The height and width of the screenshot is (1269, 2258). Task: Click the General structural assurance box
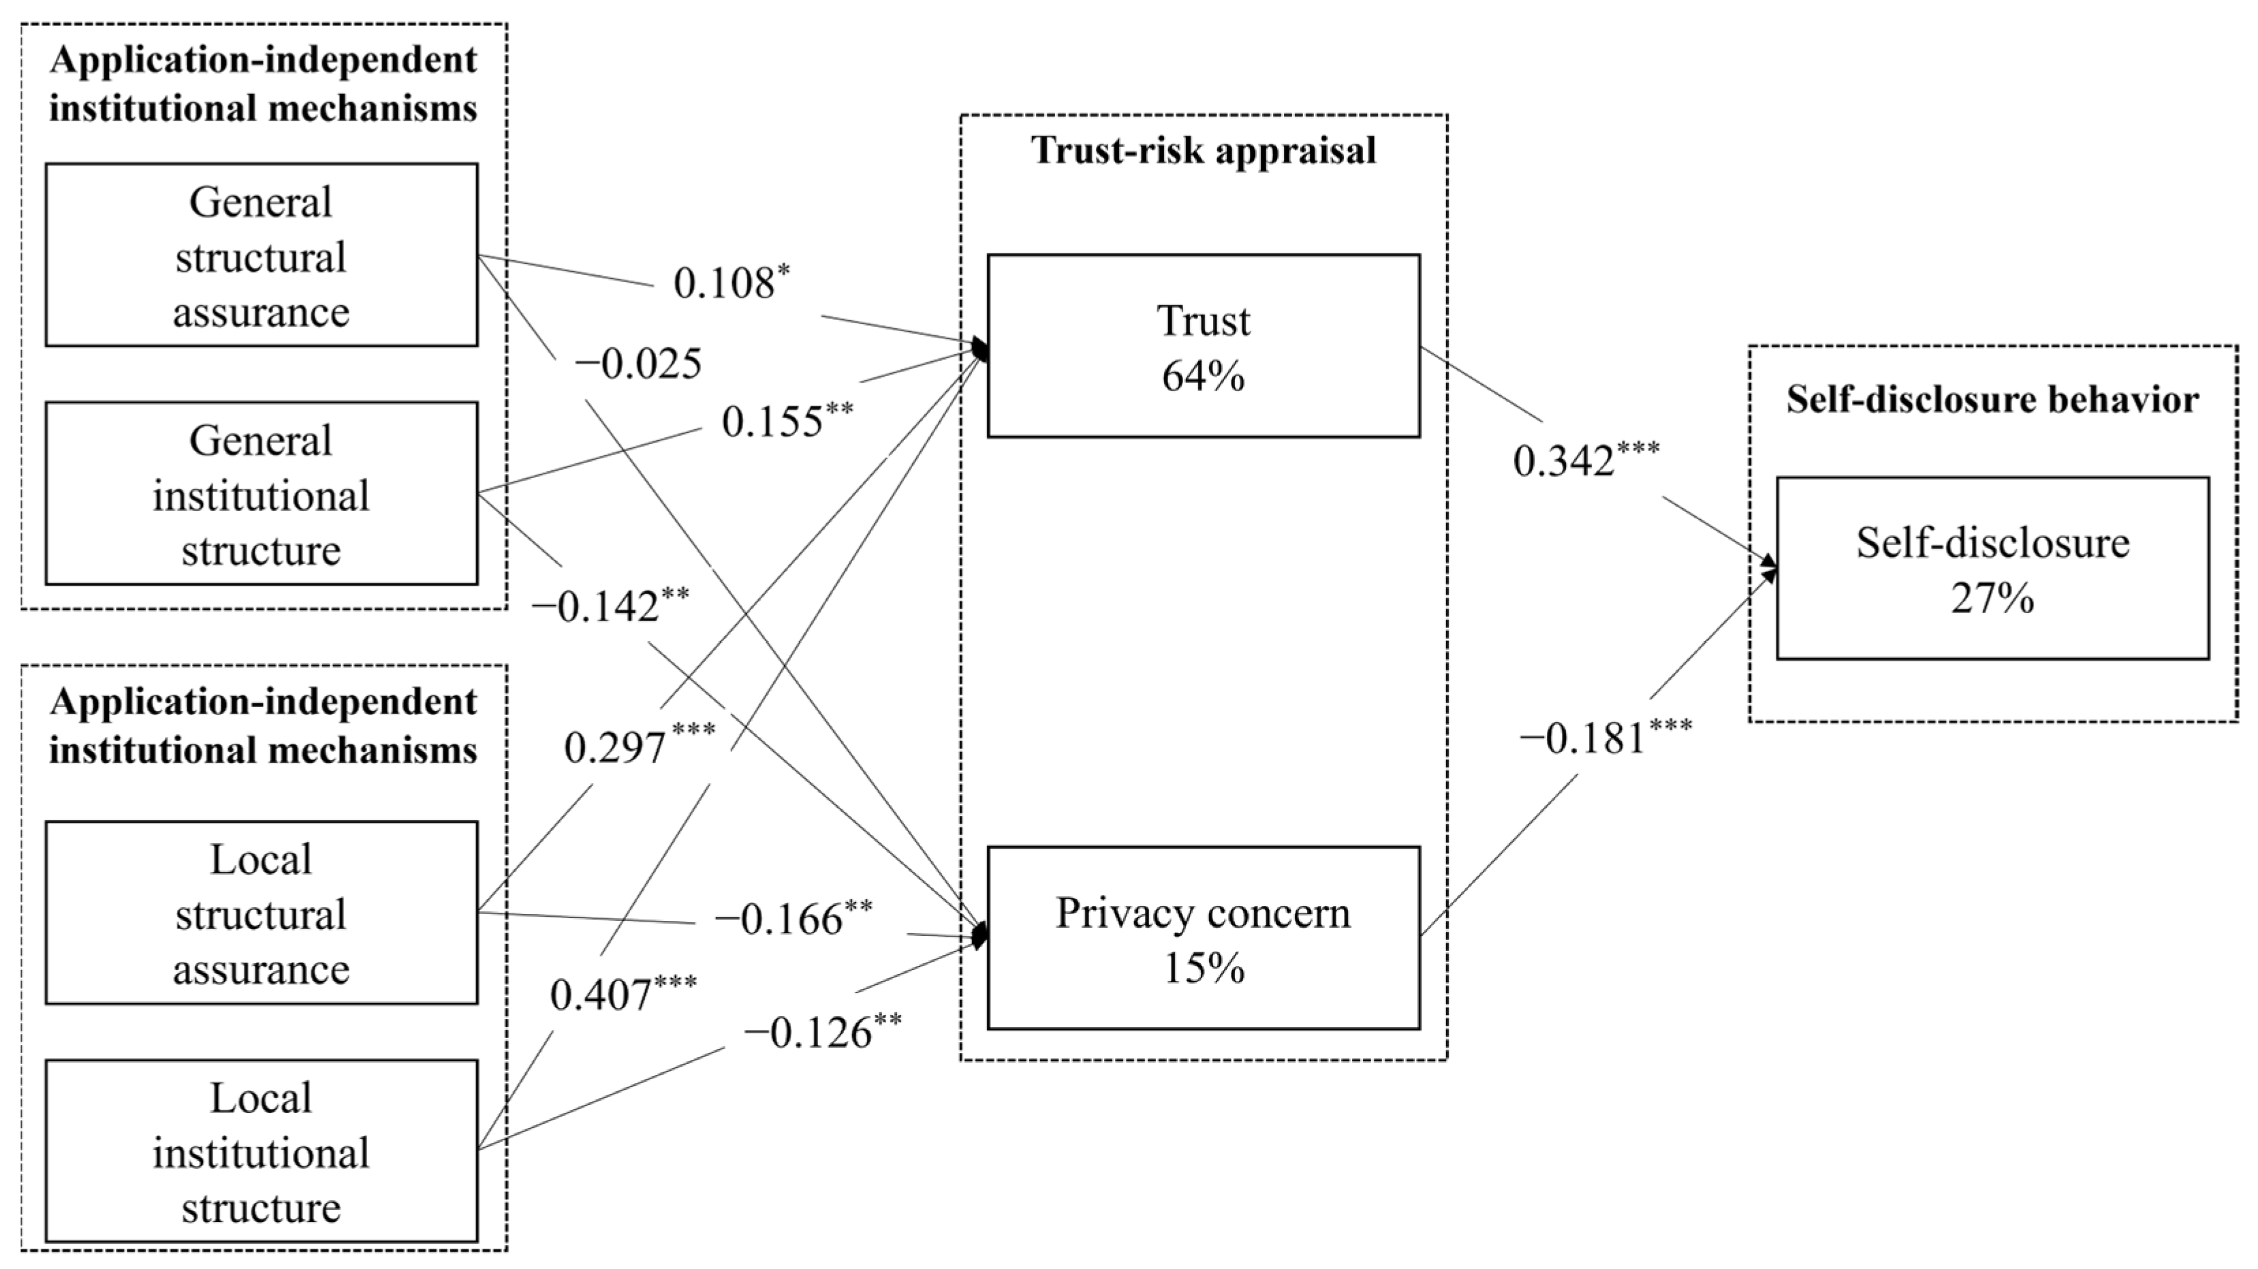coord(261,255)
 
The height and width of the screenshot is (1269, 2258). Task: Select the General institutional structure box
coord(261,493)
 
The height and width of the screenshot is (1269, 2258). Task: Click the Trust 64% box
coord(1204,346)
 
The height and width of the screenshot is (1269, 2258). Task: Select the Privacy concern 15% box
coord(1204,938)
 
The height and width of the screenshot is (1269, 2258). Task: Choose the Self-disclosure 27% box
coord(1992,569)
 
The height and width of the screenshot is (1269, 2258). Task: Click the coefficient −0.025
coord(638,364)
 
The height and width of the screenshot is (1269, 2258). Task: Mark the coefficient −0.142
coord(596,606)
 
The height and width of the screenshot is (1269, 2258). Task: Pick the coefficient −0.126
coord(809,1033)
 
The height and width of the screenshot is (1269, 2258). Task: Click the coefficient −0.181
coord(1583,738)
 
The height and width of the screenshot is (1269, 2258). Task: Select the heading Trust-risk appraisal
coord(1204,150)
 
